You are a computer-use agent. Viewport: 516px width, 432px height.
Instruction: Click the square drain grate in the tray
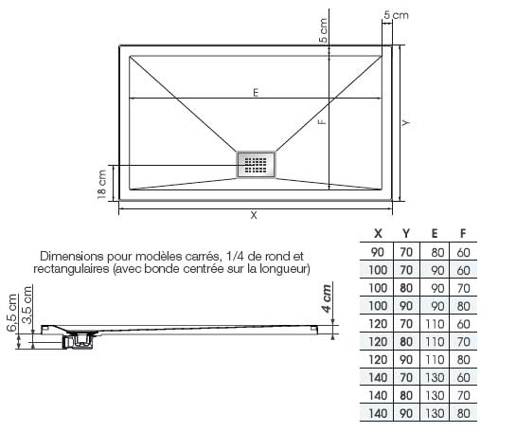coord(256,165)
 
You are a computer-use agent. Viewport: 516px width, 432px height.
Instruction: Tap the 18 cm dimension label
coord(102,184)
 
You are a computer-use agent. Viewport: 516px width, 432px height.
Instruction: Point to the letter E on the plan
coord(256,93)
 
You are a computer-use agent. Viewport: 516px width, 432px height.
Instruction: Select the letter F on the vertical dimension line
coord(323,121)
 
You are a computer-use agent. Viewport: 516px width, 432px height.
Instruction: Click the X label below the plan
coord(254,215)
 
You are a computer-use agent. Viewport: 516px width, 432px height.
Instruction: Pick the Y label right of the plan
coord(406,123)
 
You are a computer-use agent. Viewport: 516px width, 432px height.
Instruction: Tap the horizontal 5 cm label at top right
coord(396,15)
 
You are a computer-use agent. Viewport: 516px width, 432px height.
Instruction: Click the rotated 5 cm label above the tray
coord(324,30)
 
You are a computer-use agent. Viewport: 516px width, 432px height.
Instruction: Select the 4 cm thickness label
coord(326,298)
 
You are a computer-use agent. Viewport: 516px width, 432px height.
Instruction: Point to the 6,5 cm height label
coord(11,313)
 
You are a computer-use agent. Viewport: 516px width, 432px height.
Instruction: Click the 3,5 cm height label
coord(27,305)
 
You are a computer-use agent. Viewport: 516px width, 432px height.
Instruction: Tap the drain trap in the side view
coord(79,340)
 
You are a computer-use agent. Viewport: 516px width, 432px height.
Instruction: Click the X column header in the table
coord(378,233)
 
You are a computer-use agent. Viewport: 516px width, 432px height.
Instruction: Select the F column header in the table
coord(463,233)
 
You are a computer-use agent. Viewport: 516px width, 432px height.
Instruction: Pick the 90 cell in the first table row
coord(378,252)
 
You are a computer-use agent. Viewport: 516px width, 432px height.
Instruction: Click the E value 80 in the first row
coord(437,253)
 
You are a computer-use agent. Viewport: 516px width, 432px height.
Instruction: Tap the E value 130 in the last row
coord(435,413)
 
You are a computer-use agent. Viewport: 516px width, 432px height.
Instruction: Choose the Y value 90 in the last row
coord(406,413)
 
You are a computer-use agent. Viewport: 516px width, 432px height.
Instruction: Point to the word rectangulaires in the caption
coord(71,269)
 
